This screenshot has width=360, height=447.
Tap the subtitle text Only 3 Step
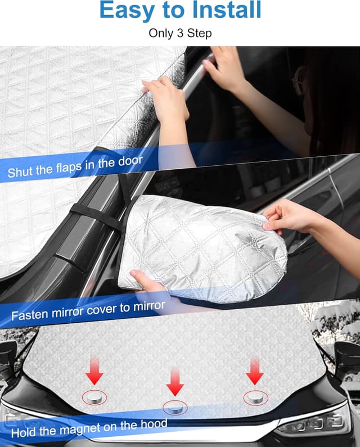(180, 33)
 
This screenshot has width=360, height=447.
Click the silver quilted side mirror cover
(202, 242)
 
